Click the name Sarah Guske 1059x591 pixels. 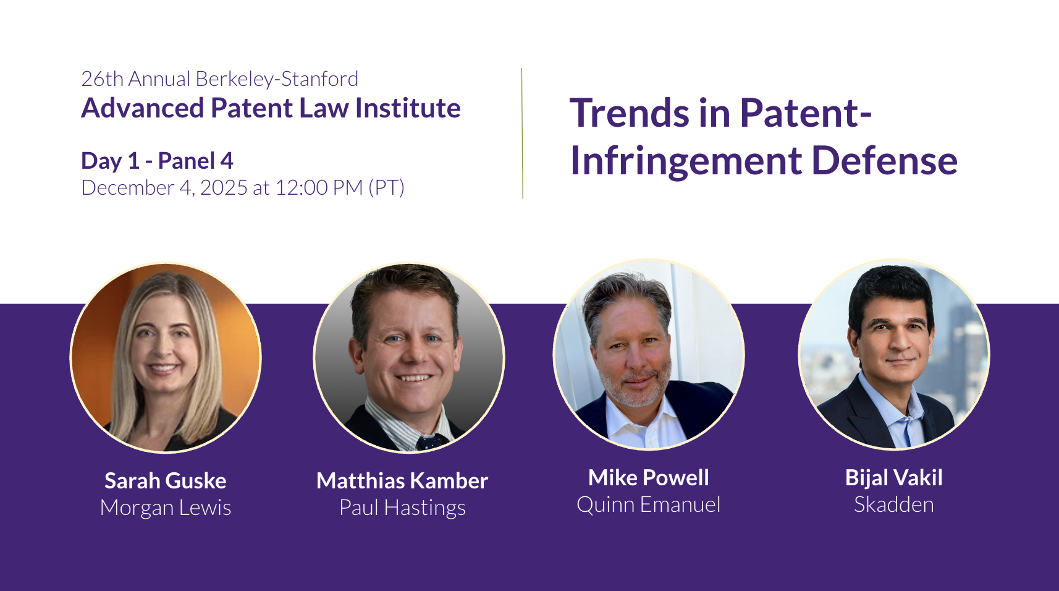point(166,481)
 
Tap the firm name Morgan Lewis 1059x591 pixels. point(166,508)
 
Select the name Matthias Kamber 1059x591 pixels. point(402,481)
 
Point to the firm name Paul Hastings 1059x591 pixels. point(402,508)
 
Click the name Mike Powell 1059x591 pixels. point(649,477)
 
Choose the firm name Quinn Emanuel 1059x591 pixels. point(649,504)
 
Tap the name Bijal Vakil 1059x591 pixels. point(893,478)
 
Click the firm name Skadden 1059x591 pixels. point(893,504)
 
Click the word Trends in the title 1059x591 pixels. point(629,114)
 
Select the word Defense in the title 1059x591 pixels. point(885,161)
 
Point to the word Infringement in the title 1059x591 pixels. point(686,162)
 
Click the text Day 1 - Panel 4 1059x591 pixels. point(157,161)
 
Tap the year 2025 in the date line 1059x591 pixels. point(224,188)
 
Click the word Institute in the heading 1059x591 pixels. point(408,108)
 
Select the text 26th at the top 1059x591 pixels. point(103,79)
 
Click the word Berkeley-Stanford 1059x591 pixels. point(277,79)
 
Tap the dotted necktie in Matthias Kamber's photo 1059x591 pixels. point(430,443)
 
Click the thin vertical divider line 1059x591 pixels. point(523,133)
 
